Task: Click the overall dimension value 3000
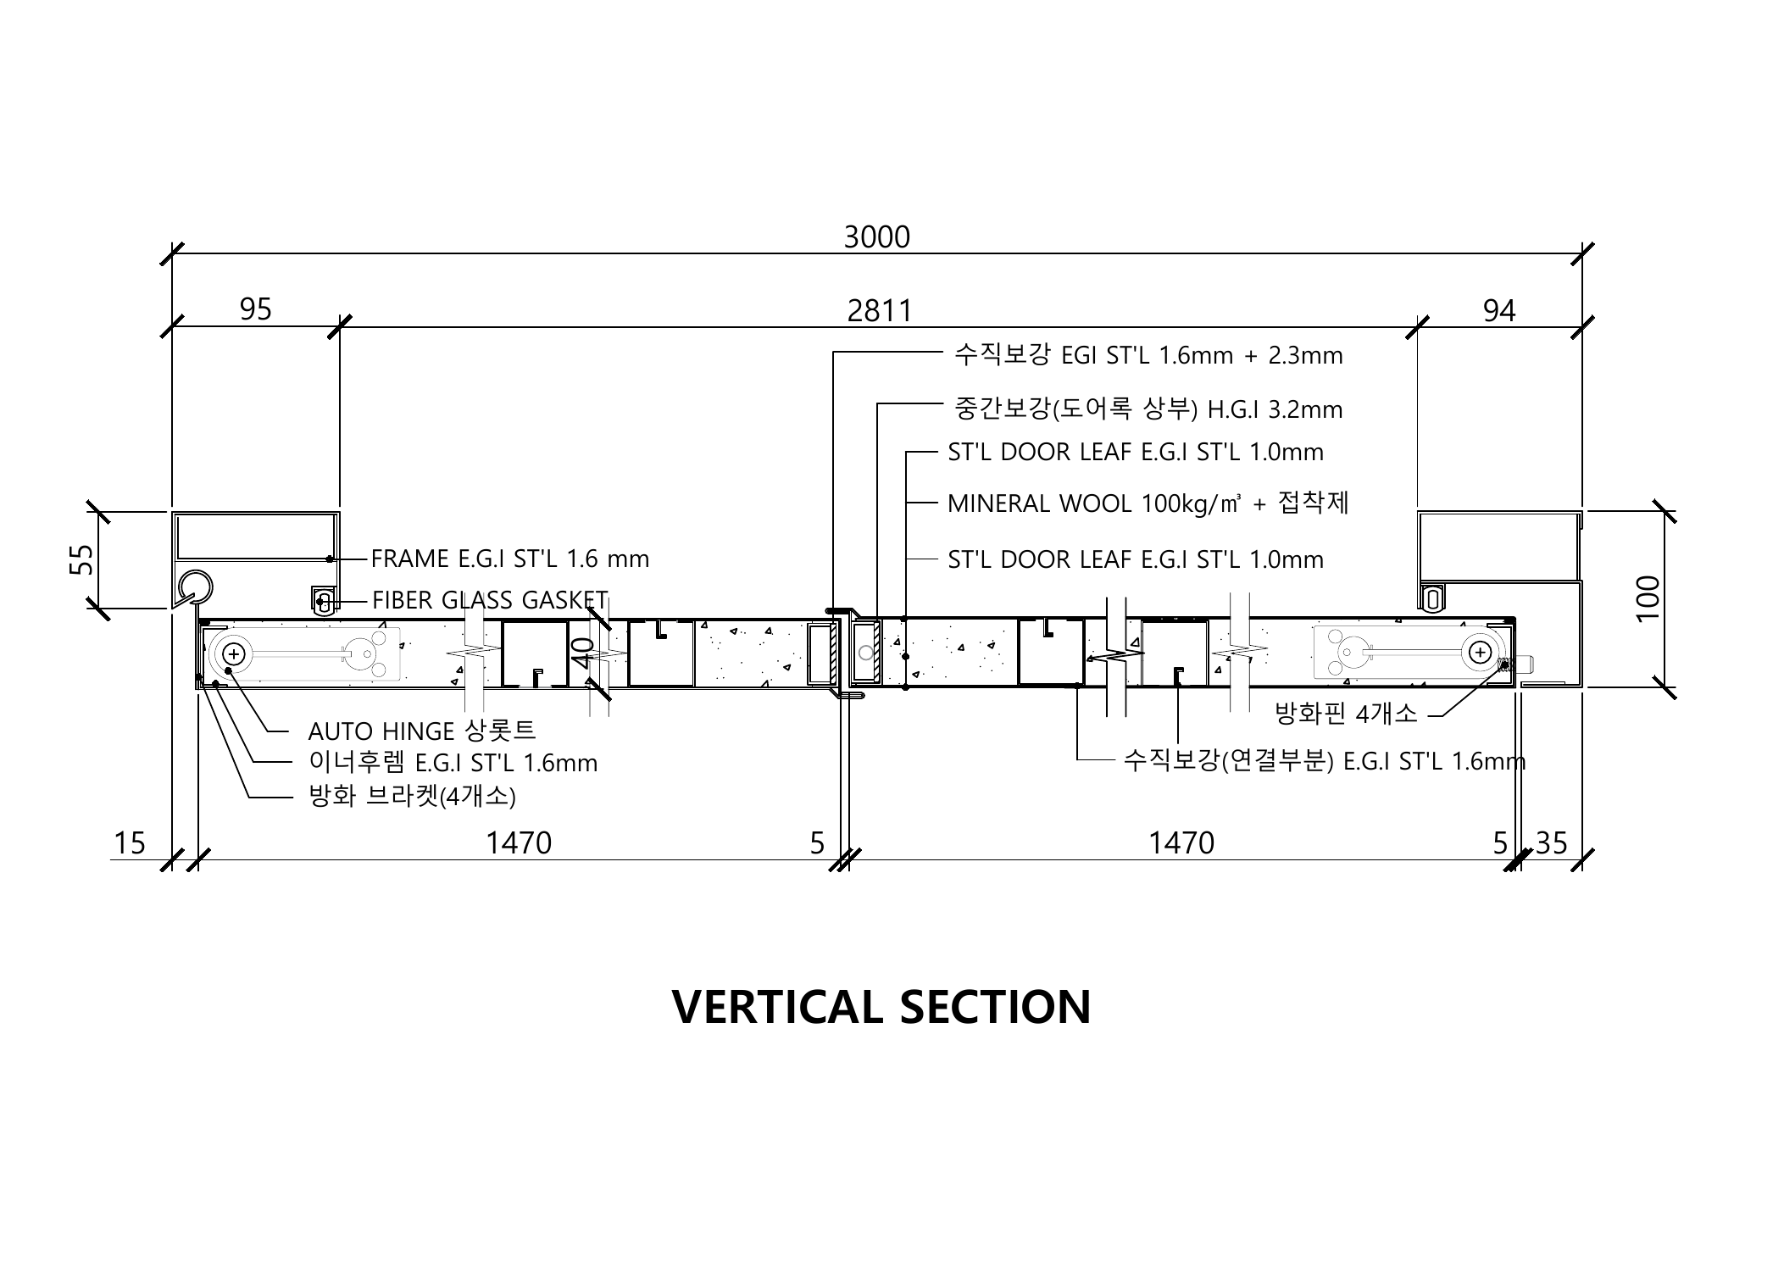tap(876, 237)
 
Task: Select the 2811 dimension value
tap(880, 311)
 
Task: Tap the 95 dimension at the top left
tap(255, 309)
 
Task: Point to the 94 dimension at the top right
tap(1498, 311)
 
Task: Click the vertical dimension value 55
tap(81, 559)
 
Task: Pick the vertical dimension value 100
tap(1648, 598)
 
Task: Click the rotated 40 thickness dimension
tap(584, 653)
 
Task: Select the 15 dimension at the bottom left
tap(130, 843)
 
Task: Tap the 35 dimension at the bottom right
tap(1551, 843)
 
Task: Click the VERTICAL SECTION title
tap(881, 1007)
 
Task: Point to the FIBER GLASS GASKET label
tap(490, 600)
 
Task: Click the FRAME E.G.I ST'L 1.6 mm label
tap(510, 559)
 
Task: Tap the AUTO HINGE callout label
tap(422, 730)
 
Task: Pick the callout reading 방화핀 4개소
tap(1346, 714)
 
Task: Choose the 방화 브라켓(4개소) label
tap(412, 796)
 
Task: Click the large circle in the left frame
tap(194, 586)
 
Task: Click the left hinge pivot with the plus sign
tap(234, 653)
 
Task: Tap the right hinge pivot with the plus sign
tap(1480, 653)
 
